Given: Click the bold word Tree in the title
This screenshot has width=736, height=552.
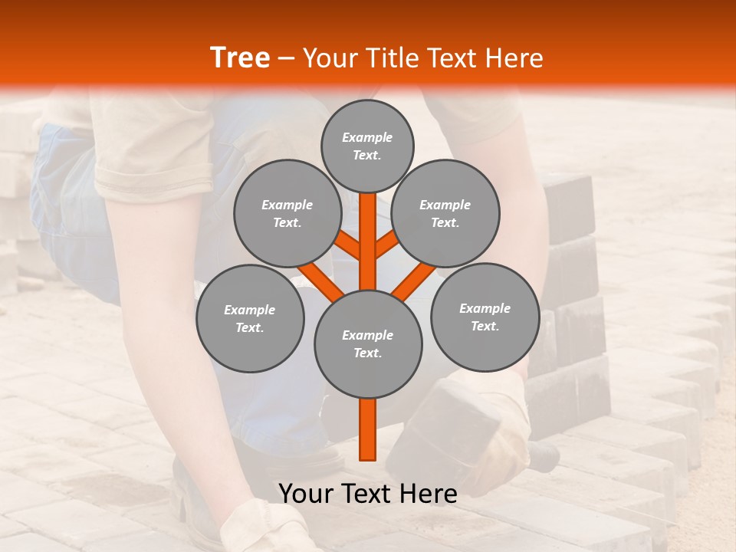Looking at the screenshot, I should pyautogui.click(x=240, y=58).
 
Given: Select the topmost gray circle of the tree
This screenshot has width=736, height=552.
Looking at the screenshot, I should pyautogui.click(x=367, y=146).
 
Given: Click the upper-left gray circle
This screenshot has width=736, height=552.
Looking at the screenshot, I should pyautogui.click(x=287, y=213).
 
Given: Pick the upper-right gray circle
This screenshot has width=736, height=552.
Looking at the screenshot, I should pyautogui.click(x=445, y=213).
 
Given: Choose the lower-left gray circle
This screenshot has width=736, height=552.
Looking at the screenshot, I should pyautogui.click(x=250, y=318).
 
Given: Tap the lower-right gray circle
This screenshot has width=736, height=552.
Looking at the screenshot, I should pyautogui.click(x=485, y=317).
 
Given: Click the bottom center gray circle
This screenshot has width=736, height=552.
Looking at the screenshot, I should pyautogui.click(x=368, y=343).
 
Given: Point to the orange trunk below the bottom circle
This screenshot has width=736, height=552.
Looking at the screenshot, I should pyautogui.click(x=368, y=429).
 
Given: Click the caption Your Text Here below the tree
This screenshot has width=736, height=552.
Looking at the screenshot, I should pyautogui.click(x=368, y=494).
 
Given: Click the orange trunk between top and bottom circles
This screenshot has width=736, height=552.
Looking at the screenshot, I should pyautogui.click(x=368, y=242).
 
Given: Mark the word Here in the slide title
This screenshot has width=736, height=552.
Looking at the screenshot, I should pyautogui.click(x=514, y=58).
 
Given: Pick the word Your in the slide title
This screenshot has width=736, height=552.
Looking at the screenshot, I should pyautogui.click(x=328, y=58).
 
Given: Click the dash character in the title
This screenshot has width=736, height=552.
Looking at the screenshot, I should pyautogui.click(x=287, y=59).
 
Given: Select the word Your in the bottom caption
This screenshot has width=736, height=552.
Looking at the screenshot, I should pyautogui.click(x=305, y=494).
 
